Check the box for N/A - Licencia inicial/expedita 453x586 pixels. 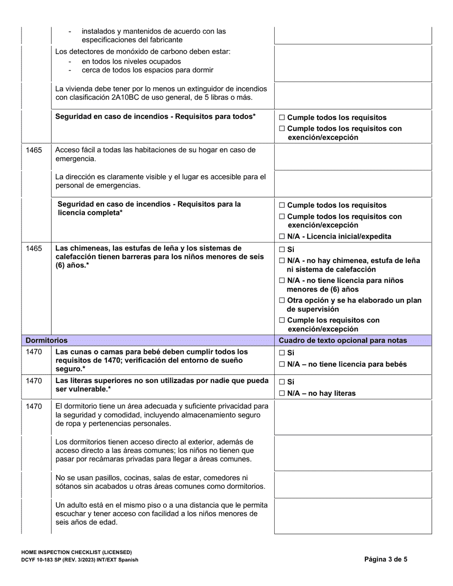[282, 236]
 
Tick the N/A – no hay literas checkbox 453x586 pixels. [282, 394]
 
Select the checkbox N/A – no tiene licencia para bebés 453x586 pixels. [282, 364]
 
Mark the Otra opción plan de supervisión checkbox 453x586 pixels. [282, 301]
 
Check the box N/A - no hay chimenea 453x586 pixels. [282, 261]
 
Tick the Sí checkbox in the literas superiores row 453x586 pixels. [282, 382]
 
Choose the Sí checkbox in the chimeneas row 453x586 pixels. [282, 249]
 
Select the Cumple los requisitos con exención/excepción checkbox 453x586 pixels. [282, 320]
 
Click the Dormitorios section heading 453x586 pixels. [46, 341]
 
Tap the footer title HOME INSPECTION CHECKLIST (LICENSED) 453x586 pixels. [76, 552]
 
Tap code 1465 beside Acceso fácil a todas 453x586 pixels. [34, 150]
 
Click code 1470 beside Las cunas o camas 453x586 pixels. [34, 353]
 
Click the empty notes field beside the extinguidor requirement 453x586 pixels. [353, 95]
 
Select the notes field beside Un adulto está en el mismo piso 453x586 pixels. [353, 516]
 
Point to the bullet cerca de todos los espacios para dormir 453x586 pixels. [147, 71]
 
